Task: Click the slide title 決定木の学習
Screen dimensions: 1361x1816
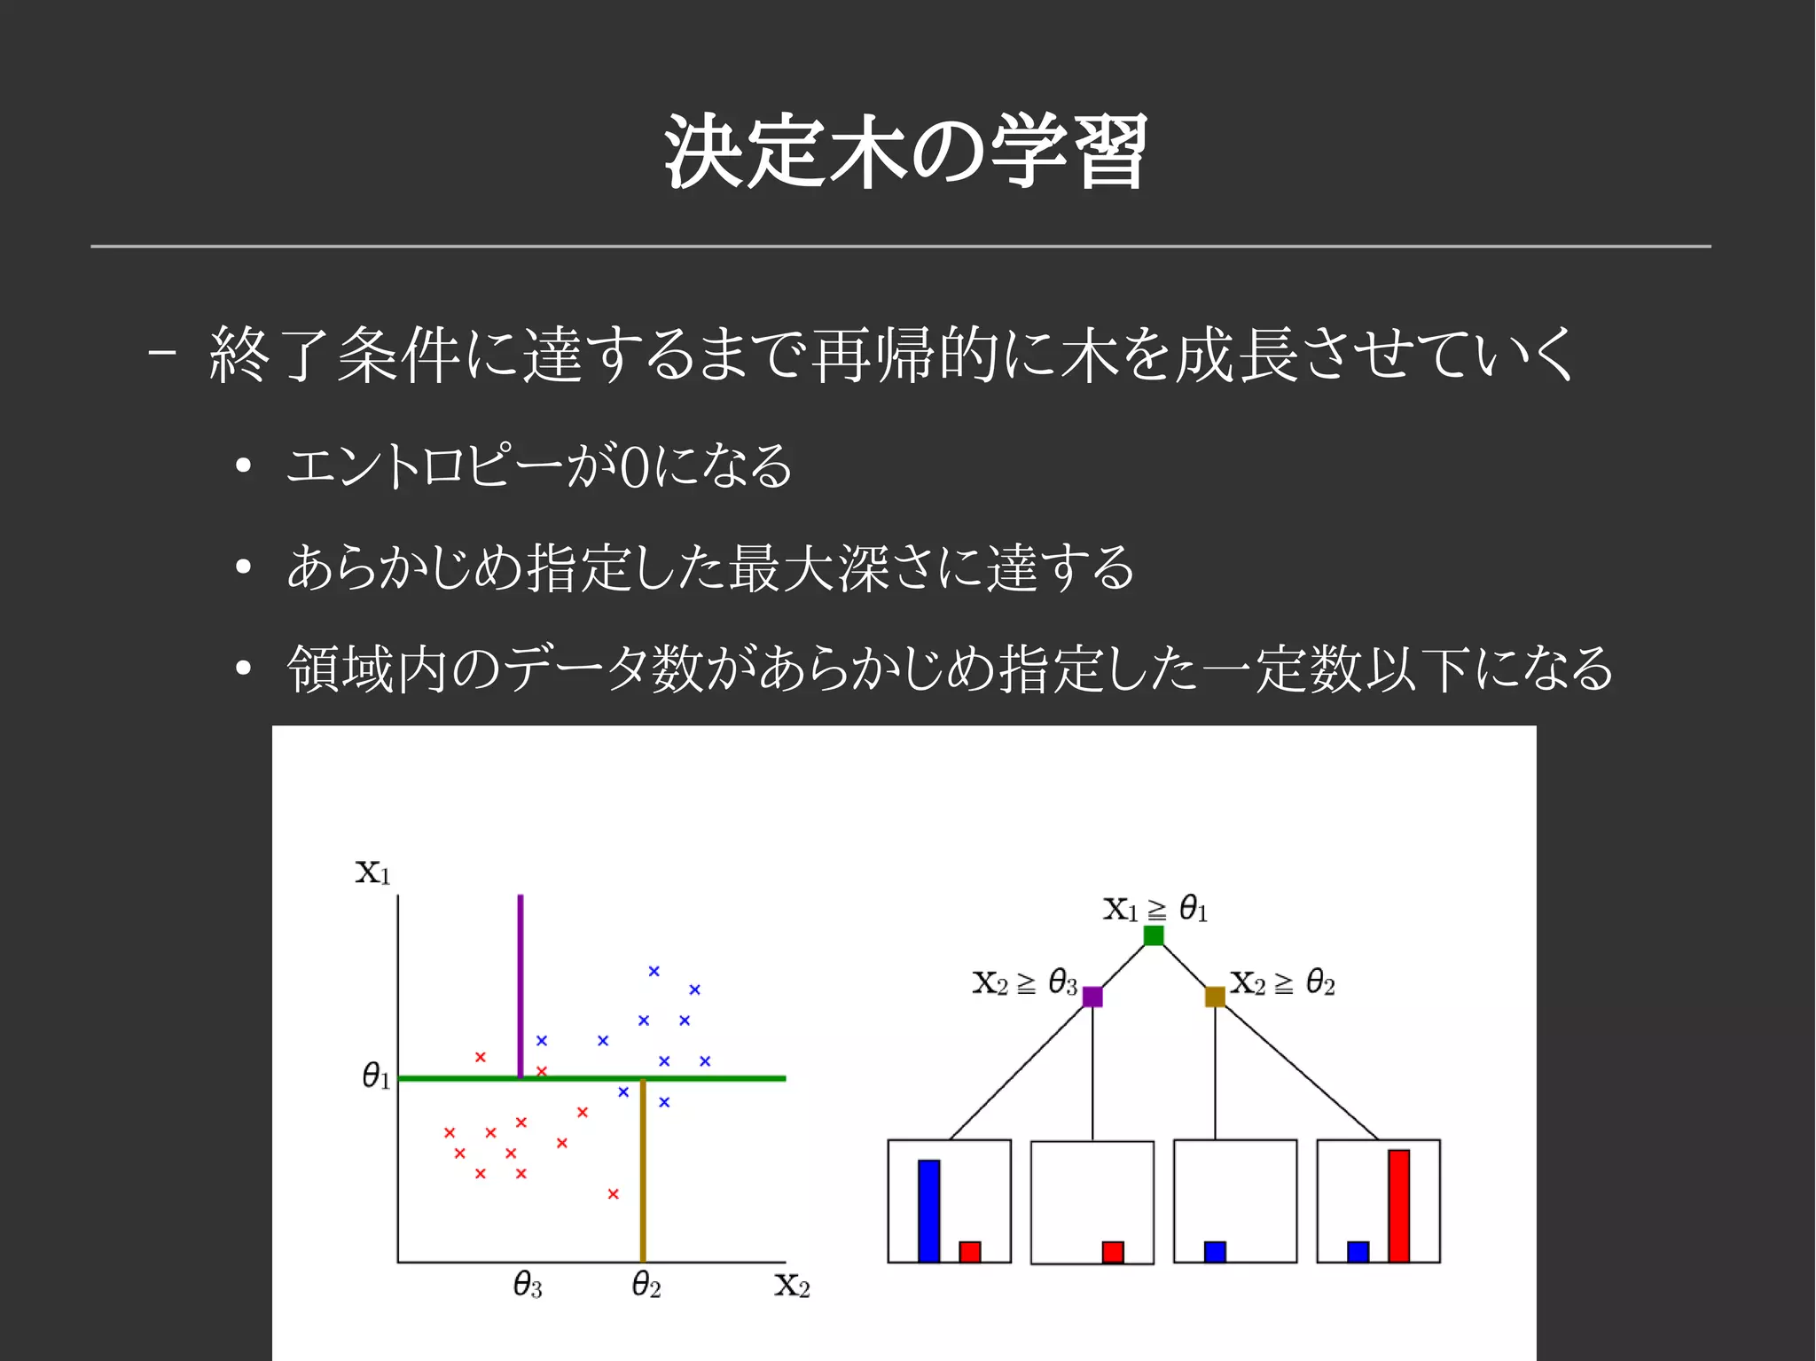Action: click(x=906, y=151)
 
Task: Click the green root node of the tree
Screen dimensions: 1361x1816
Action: click(x=1153, y=935)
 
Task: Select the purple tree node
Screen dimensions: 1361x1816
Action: click(x=1092, y=997)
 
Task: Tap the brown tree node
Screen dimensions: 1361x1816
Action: click(x=1215, y=997)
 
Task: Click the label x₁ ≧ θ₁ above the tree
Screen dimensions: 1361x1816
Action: click(x=1155, y=909)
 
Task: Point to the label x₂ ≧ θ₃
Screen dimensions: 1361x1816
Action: click(x=1024, y=983)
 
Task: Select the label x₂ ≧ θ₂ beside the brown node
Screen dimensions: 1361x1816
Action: click(x=1282, y=983)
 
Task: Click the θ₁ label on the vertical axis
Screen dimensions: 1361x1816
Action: click(x=376, y=1076)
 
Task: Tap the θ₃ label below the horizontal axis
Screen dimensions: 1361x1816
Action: click(x=528, y=1285)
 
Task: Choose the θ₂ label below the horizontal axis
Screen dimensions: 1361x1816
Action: click(x=646, y=1285)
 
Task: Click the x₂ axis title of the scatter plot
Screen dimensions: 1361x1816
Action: click(x=792, y=1285)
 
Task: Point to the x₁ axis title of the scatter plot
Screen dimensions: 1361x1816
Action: click(x=372, y=872)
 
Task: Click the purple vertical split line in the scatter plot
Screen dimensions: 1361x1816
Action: click(x=521, y=984)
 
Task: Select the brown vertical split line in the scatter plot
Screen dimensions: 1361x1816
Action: click(x=643, y=1170)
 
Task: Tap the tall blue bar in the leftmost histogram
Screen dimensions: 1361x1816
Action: click(x=928, y=1210)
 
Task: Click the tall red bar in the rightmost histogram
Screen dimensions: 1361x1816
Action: click(x=1398, y=1206)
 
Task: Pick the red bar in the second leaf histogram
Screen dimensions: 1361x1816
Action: click(x=1113, y=1251)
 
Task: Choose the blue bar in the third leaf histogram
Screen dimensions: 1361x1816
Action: click(x=1215, y=1251)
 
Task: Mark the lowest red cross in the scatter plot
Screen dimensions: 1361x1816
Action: click(x=613, y=1194)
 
